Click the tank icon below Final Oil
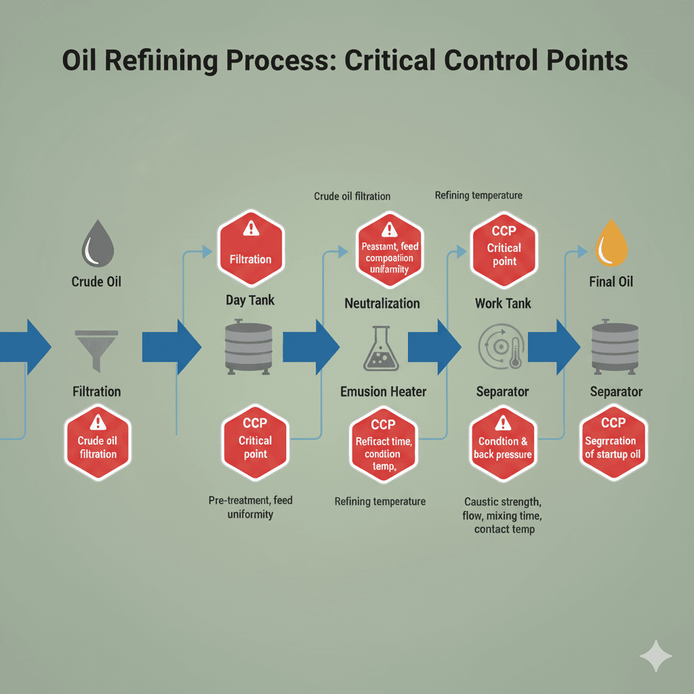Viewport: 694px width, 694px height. click(x=615, y=346)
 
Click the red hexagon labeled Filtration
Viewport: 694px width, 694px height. click(x=250, y=248)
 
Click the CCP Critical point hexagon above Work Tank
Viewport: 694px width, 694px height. click(x=504, y=248)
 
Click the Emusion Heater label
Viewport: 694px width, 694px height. click(x=383, y=392)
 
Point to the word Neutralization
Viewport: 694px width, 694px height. click(x=382, y=303)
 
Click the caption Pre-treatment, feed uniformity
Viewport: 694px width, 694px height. click(x=250, y=507)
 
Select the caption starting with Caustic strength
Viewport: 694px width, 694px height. click(x=502, y=515)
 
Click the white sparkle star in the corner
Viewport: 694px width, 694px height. click(x=656, y=656)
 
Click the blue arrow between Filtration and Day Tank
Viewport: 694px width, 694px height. click(x=171, y=347)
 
